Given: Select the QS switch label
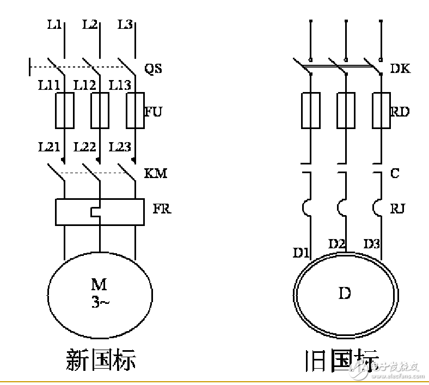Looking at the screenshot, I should point(153,69).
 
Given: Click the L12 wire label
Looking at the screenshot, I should point(84,85).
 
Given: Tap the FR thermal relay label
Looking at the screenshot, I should point(161,209).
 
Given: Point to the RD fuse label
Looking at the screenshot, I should point(400,112).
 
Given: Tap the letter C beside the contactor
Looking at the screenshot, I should point(395,173).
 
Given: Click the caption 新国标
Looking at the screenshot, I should point(101,361).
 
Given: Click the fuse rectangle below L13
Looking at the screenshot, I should point(134,110).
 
